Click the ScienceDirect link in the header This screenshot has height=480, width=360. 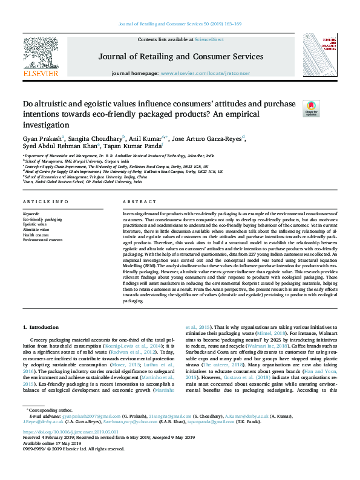coord(209,39)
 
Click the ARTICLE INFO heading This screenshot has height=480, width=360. coord(45,201)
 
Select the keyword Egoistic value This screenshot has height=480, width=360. coord(36,224)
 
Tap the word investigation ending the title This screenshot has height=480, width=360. coord(46,125)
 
